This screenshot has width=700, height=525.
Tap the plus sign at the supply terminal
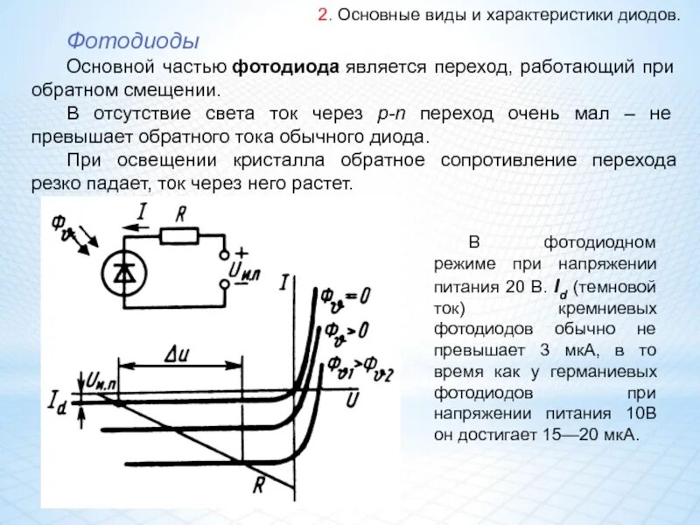pos(241,250)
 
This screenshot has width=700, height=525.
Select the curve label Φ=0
pos(343,297)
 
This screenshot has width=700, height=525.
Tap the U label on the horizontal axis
pos(352,399)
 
